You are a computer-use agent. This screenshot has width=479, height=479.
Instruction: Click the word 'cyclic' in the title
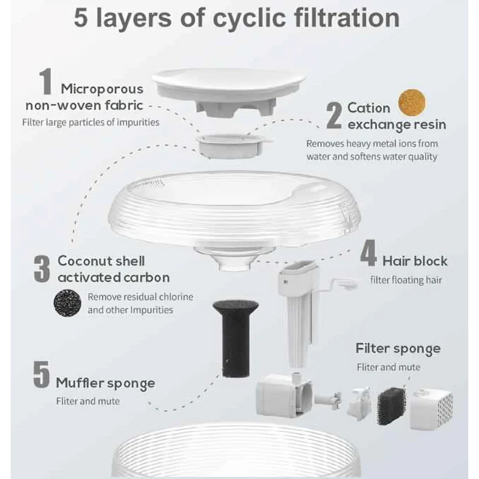(x=249, y=19)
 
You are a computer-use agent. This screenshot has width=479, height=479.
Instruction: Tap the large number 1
(x=46, y=81)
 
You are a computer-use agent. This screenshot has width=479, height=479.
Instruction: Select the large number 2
(x=334, y=116)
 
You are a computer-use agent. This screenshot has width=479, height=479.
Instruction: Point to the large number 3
(x=42, y=269)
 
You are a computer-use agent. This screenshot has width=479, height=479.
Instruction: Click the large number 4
(x=368, y=253)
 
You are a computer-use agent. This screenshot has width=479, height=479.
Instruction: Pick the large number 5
(x=41, y=375)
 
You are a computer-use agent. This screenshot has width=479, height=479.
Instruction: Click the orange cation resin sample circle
(x=412, y=102)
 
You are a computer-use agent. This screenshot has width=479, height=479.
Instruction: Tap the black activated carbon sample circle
(x=68, y=303)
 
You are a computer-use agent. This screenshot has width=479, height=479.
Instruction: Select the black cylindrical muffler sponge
(x=235, y=338)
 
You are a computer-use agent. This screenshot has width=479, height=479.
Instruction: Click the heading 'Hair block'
(x=415, y=261)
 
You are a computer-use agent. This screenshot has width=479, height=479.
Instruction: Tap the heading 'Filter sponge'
(x=398, y=349)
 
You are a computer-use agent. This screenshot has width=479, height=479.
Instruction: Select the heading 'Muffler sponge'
(x=105, y=384)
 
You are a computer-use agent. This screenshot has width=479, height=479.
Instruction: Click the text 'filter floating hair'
(x=406, y=280)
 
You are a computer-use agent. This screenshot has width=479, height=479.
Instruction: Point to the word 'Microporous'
(x=102, y=89)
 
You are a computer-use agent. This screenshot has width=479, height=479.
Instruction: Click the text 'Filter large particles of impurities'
(x=91, y=123)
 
